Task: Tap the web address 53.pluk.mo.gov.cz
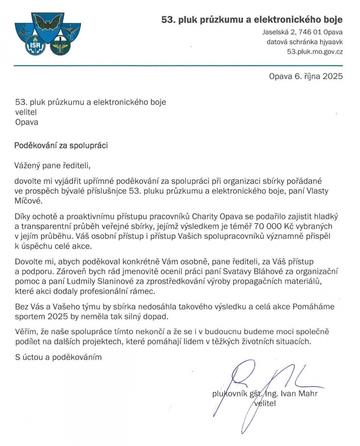pyautogui.click(x=315, y=51)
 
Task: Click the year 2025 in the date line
pyautogui.click(x=332, y=76)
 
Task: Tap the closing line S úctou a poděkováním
pyautogui.click(x=58, y=357)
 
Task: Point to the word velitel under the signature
pyautogui.click(x=265, y=403)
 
